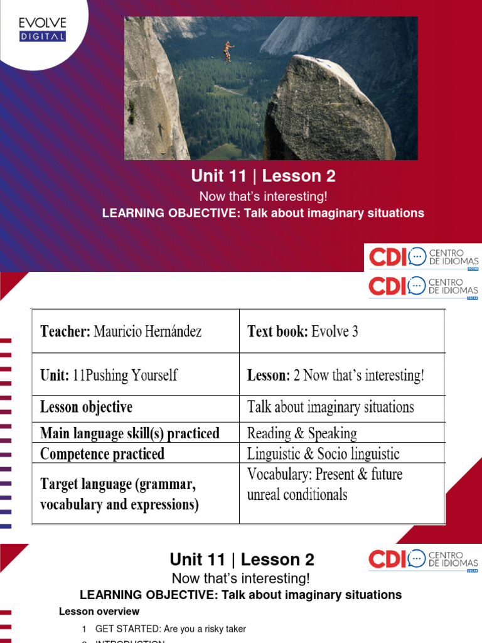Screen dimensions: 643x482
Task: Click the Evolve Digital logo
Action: pos(43,30)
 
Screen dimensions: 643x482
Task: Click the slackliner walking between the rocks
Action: pos(229,51)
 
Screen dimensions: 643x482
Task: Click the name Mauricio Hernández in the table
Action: pos(147,331)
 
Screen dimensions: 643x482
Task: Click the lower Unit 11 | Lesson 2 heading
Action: pos(242,559)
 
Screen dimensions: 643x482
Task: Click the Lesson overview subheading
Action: pos(99,611)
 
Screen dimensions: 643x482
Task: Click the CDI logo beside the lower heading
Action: pos(424,559)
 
